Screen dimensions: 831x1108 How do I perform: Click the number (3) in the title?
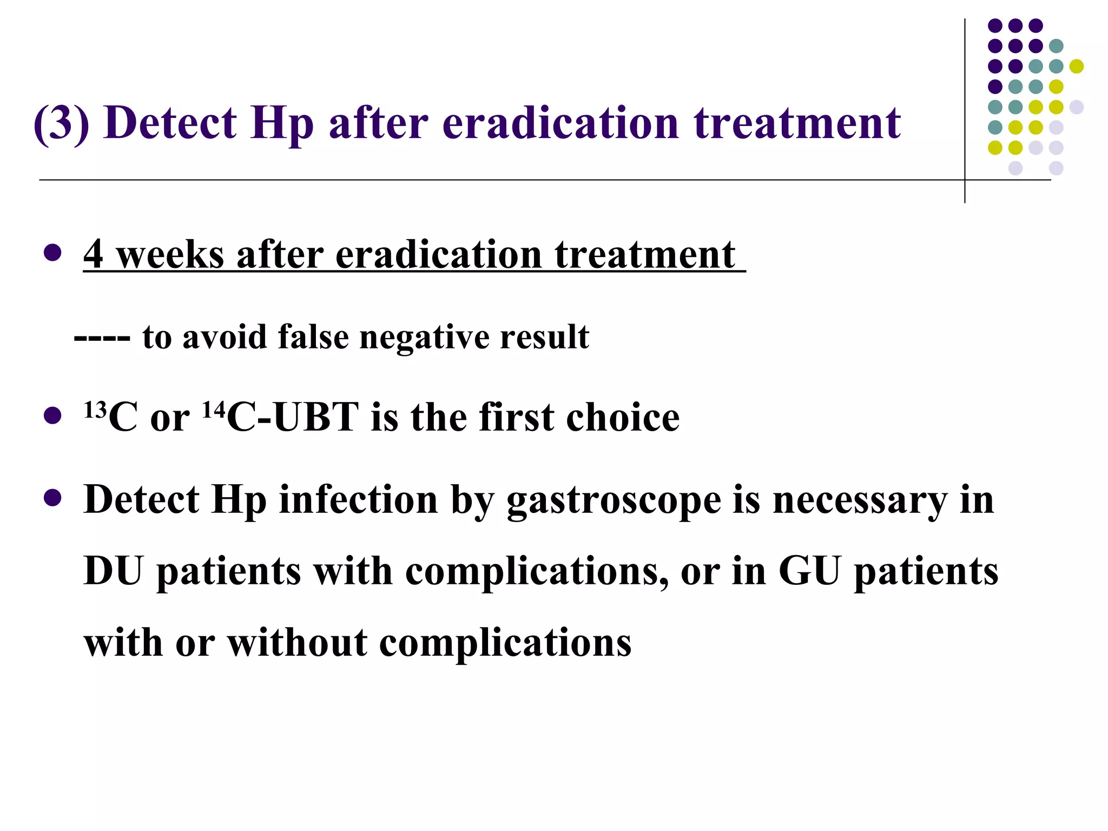coord(61,123)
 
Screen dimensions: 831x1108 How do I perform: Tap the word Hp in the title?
coord(282,124)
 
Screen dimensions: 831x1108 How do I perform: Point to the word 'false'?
coord(313,337)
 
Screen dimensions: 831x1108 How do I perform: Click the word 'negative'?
coord(424,338)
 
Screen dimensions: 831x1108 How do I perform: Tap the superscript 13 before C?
coord(95,410)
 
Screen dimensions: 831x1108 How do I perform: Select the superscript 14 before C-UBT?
coord(214,410)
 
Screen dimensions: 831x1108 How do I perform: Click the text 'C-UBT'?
coord(292,418)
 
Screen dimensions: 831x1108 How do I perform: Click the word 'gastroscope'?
coord(614,501)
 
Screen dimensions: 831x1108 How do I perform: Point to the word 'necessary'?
coord(860,501)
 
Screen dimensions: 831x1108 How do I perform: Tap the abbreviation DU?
coord(113,571)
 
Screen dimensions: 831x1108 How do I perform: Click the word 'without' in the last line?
coord(297,643)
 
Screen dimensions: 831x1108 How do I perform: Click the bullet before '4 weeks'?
coord(52,253)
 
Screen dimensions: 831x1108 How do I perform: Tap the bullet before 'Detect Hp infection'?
coord(52,498)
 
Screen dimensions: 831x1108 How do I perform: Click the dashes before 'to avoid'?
coord(102,338)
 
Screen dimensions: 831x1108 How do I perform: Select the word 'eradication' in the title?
coord(560,123)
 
